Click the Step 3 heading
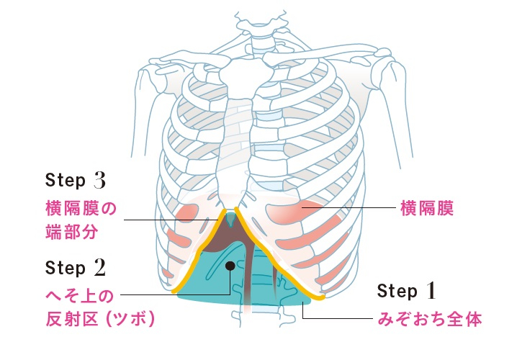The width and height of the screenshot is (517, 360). point(76,180)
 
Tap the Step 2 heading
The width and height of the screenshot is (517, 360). point(76,268)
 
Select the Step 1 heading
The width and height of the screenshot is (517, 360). point(407,291)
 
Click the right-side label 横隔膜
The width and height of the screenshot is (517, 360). point(427,208)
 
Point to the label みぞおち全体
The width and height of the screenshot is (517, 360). point(430,319)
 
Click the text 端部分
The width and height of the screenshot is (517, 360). point(71,231)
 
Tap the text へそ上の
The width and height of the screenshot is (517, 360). point(79,296)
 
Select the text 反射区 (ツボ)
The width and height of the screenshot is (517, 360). point(100,319)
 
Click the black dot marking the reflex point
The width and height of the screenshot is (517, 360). point(230,266)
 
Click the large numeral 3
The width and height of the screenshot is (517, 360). point(99,180)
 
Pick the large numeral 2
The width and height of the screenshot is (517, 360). point(99,268)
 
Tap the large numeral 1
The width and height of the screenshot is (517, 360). point(431,291)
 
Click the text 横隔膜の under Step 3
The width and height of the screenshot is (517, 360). point(81,208)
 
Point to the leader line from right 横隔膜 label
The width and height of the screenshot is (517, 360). point(349,207)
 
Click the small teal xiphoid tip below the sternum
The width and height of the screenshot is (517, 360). point(231,220)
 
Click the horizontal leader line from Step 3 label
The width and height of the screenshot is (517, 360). point(171,220)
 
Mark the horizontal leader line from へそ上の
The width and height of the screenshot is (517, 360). point(175,294)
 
